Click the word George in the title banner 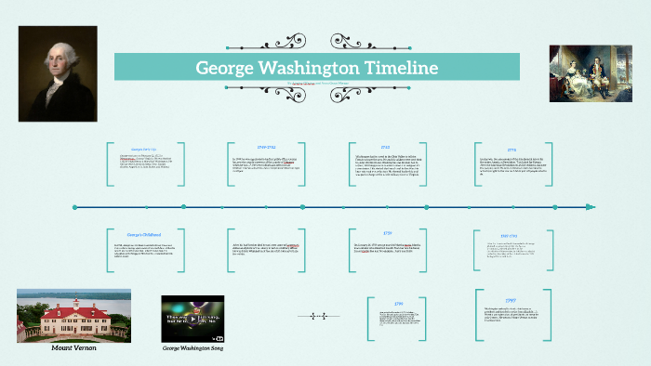point(226,68)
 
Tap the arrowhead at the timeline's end point(590,206)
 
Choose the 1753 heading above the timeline point(385,147)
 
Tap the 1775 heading point(511,150)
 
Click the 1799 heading point(398,305)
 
